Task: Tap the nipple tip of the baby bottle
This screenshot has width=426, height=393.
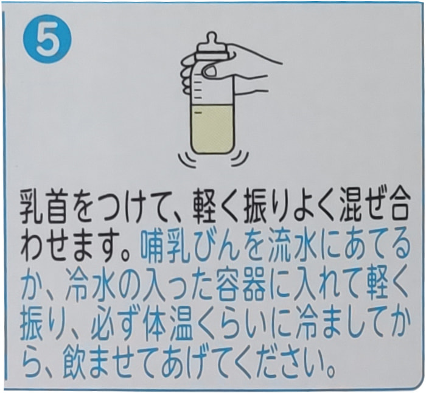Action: [212, 37]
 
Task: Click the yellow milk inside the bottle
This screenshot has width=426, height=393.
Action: [211, 130]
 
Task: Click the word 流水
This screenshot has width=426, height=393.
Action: [286, 246]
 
